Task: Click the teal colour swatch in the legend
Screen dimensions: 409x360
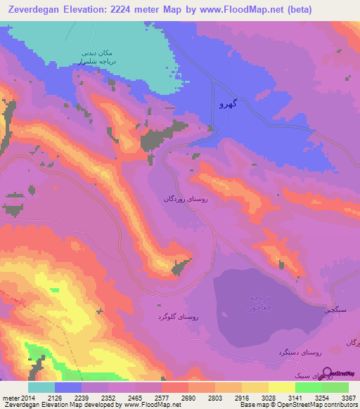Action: coord(41,387)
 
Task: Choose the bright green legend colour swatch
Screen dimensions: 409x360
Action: coord(308,387)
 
